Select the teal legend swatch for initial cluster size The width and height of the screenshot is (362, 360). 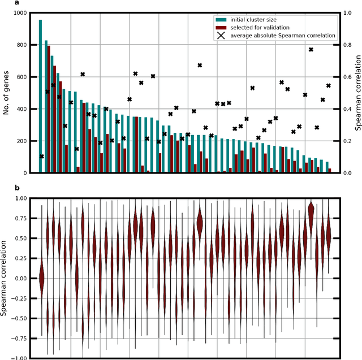coord(221,19)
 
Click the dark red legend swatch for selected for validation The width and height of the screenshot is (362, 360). coord(221,27)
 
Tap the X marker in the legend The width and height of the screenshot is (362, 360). coord(221,36)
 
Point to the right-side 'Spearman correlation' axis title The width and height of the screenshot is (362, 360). coord(357,93)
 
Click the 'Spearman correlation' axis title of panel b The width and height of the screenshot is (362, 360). coord(5,278)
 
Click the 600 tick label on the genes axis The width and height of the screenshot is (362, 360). coord(20,77)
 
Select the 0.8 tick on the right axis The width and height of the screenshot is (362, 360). coord(346,45)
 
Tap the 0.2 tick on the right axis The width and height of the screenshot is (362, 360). coord(346,141)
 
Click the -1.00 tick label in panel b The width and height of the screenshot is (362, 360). coord(17,358)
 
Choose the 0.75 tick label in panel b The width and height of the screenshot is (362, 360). coord(19,219)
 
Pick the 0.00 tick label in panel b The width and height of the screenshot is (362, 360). coord(19,278)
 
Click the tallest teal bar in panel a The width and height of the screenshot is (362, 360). coord(40,96)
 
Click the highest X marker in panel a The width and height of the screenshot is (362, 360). coord(311,50)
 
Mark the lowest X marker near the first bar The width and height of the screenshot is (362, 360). coord(42,156)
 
